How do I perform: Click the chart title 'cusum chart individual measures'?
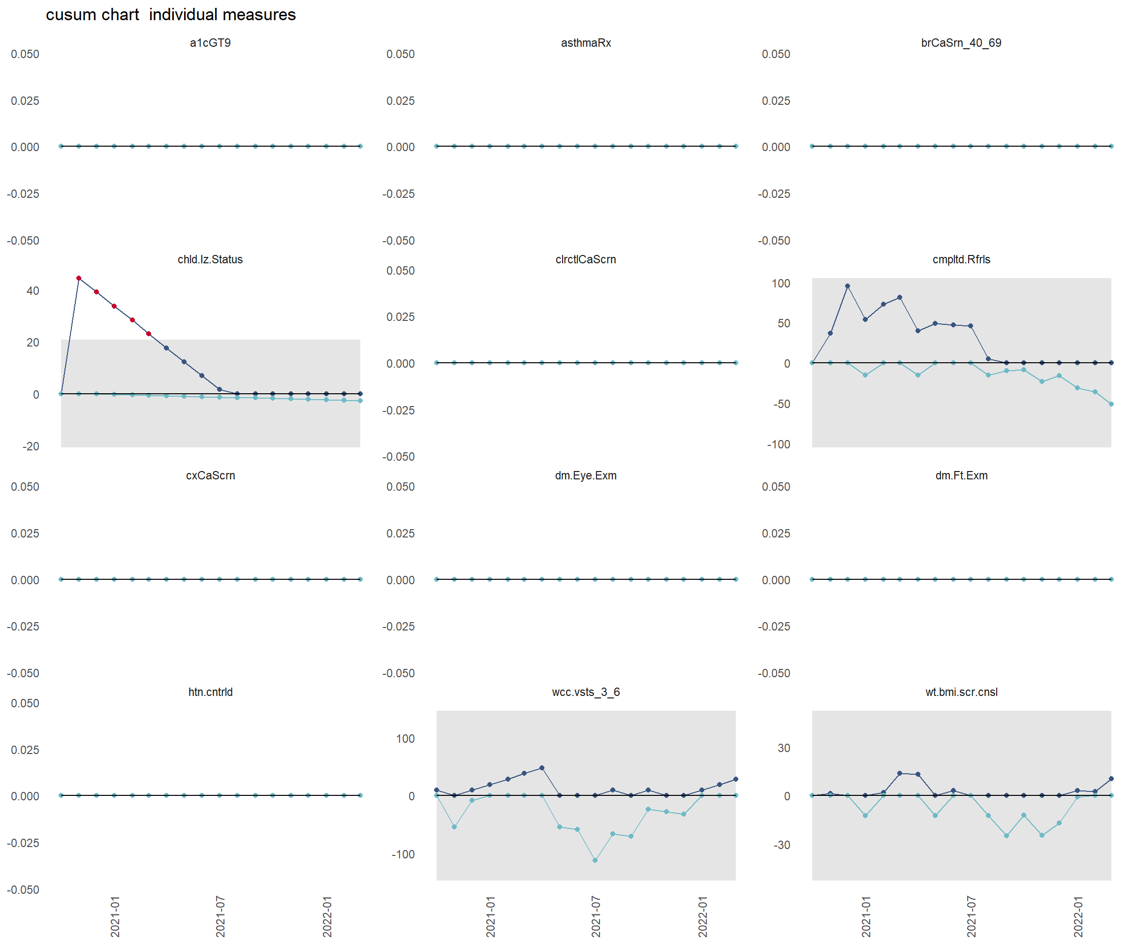(x=171, y=15)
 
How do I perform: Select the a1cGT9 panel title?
(x=210, y=43)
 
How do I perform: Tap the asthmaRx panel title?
(x=586, y=43)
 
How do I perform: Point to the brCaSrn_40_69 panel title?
(x=961, y=43)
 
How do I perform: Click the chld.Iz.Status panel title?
(x=210, y=259)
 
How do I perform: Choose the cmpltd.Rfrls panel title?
(x=961, y=259)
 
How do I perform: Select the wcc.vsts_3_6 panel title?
(x=586, y=692)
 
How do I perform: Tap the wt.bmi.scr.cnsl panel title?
(x=961, y=692)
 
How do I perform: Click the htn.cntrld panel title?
(x=210, y=692)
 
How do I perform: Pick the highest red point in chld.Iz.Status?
(x=79, y=278)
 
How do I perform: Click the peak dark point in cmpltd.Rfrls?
(x=847, y=286)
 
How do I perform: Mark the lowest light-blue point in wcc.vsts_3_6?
(x=595, y=860)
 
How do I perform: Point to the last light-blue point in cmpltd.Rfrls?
(x=1111, y=404)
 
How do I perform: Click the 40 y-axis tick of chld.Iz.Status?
(x=33, y=290)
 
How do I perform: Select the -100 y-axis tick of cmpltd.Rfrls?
(x=778, y=444)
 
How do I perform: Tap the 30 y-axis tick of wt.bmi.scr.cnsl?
(x=784, y=748)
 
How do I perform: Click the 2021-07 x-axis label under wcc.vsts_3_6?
(x=596, y=916)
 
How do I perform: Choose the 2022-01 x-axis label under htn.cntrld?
(x=327, y=916)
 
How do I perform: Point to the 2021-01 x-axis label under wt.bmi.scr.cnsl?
(x=866, y=916)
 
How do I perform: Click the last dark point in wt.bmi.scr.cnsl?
(x=1111, y=779)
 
